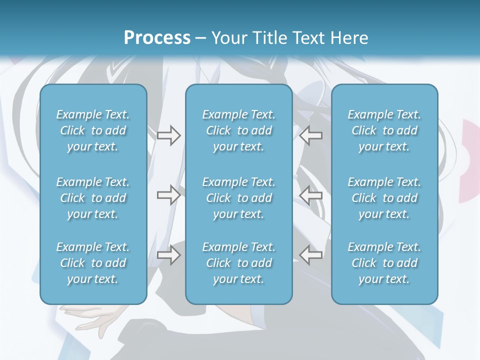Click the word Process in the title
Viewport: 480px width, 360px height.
[x=157, y=38]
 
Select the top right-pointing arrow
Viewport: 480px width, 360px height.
[x=168, y=135]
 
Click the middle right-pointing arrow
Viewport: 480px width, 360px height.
[x=168, y=194]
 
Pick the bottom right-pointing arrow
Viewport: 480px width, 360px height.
[x=168, y=255]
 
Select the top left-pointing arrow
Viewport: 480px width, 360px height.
[x=311, y=135]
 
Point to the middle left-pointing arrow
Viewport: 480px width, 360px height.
[x=311, y=194]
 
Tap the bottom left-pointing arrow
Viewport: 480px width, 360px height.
[x=311, y=255]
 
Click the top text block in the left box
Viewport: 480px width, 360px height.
[x=93, y=130]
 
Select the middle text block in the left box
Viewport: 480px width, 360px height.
[x=93, y=198]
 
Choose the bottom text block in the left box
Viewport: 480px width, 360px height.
[x=93, y=263]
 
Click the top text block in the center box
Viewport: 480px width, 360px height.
[x=238, y=130]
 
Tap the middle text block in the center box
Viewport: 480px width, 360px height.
[x=238, y=198]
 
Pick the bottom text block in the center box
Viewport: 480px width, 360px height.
[x=238, y=263]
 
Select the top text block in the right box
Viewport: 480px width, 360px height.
[x=384, y=130]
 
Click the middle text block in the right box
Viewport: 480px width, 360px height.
[x=384, y=198]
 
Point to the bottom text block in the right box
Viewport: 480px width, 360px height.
[x=384, y=263]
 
